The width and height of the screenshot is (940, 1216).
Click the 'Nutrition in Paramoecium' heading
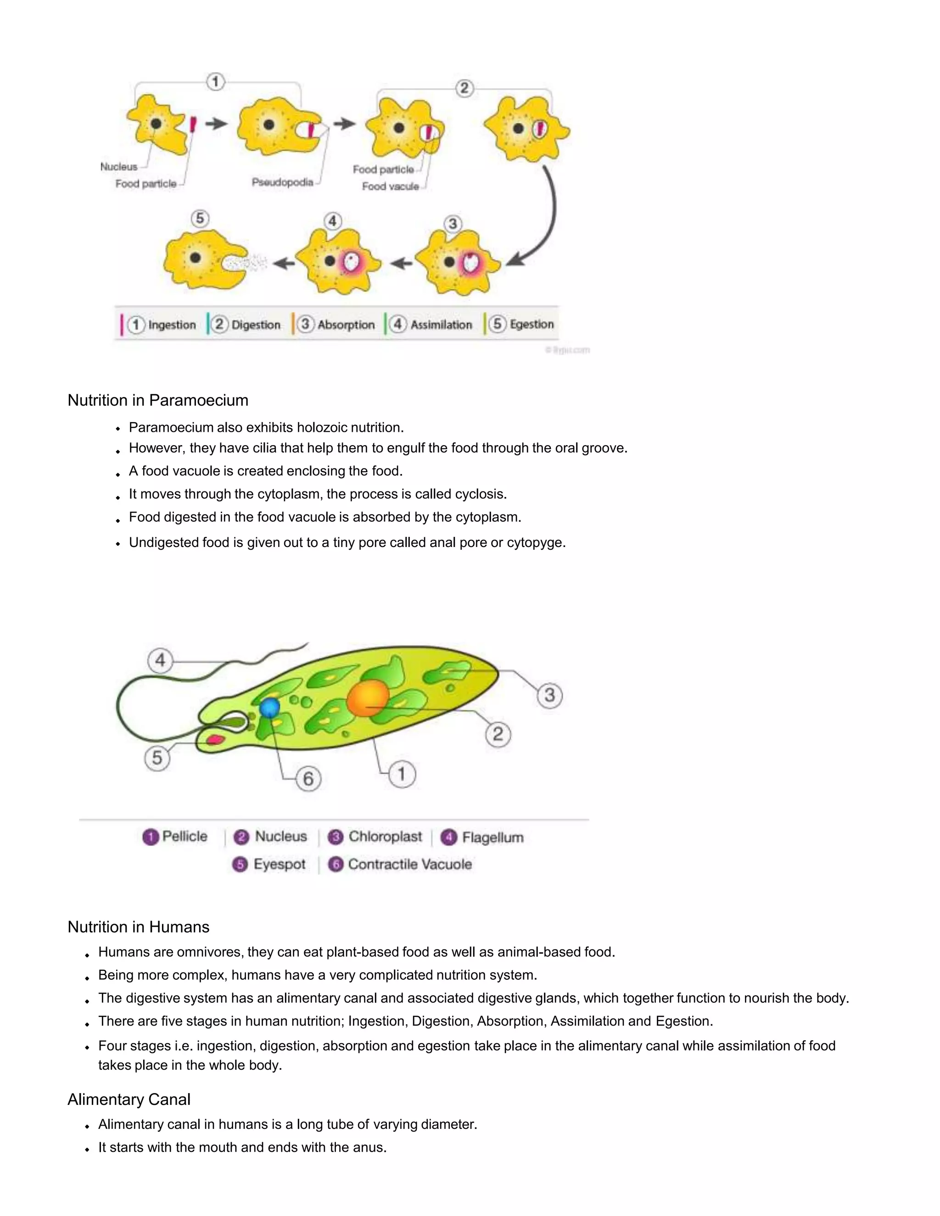(x=157, y=400)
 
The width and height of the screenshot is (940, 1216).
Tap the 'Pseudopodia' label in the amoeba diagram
(x=282, y=182)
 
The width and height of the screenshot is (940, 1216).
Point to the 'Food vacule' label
(x=390, y=186)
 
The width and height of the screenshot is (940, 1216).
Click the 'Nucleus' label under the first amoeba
(x=118, y=167)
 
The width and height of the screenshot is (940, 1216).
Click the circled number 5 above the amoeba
(x=200, y=218)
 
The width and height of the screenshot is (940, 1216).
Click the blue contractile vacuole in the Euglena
(x=270, y=708)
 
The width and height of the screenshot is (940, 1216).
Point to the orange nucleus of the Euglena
(x=367, y=697)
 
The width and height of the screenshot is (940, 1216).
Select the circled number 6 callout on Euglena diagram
(x=308, y=778)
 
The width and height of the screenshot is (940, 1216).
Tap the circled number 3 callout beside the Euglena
(x=549, y=695)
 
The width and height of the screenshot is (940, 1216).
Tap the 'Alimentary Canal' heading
(x=129, y=1099)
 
